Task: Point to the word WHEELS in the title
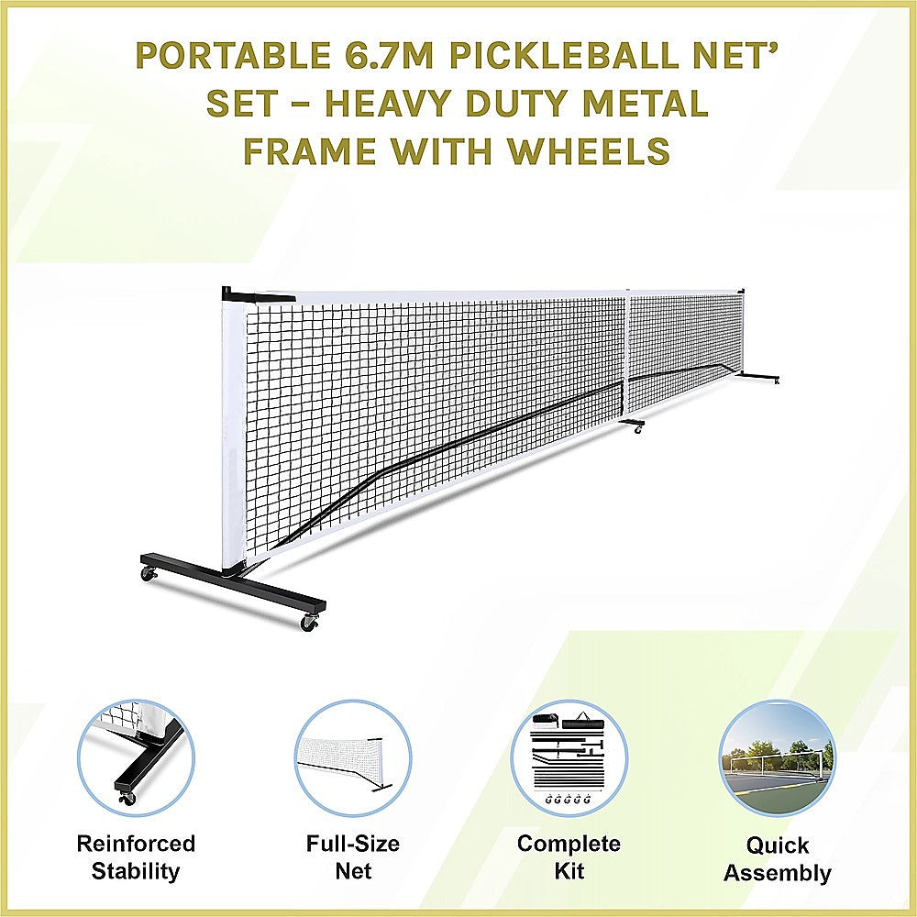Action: [599, 150]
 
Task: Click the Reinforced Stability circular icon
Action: [136, 757]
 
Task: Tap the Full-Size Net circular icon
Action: [352, 757]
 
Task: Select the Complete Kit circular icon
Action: [569, 757]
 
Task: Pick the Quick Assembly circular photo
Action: [777, 757]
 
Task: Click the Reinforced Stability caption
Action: [136, 856]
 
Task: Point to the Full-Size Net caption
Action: [352, 856]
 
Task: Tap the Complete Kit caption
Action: [569, 856]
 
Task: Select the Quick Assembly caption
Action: [777, 859]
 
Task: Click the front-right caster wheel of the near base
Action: [309, 624]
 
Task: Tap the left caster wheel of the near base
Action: [149, 574]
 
